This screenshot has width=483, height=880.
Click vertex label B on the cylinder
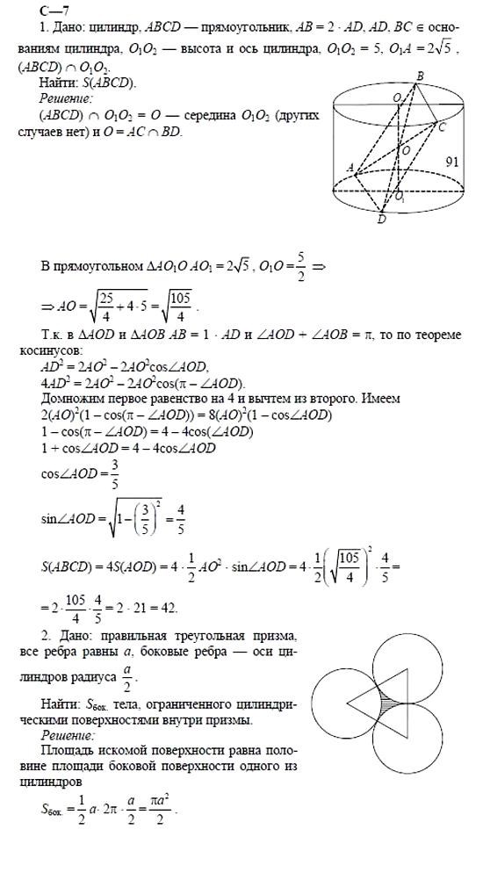coord(420,78)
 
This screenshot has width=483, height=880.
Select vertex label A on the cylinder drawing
coord(350,167)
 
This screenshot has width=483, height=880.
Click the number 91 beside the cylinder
coord(453,162)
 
